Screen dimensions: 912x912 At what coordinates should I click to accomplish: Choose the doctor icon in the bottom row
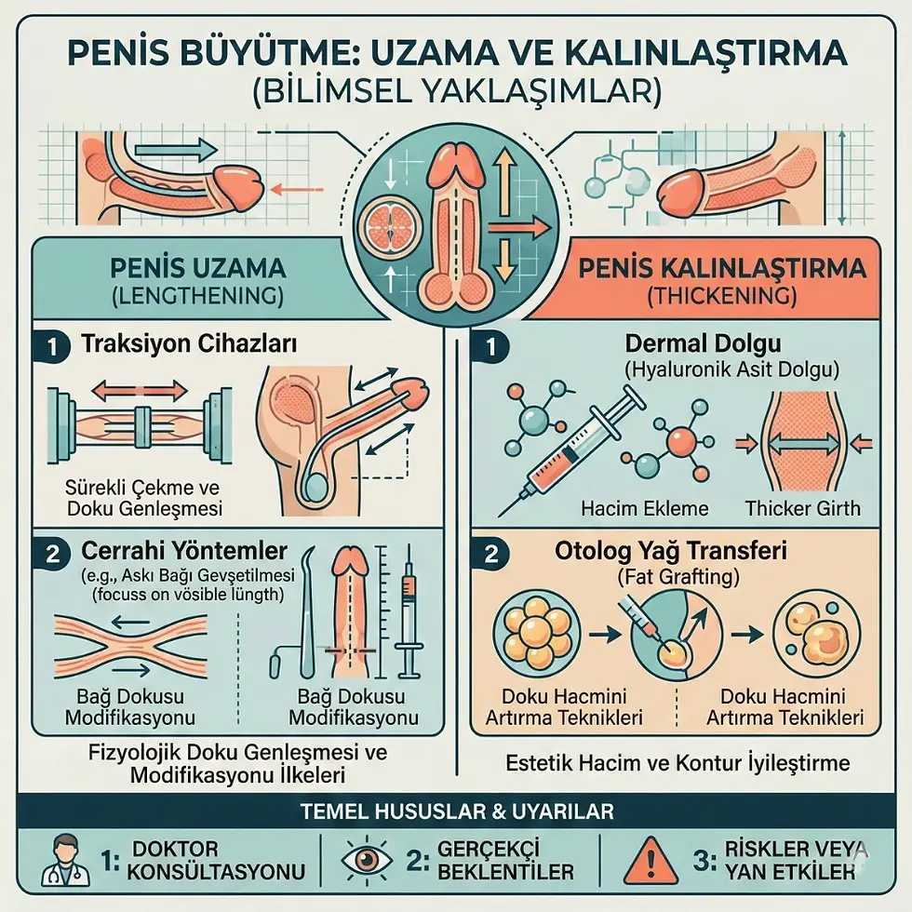(x=66, y=860)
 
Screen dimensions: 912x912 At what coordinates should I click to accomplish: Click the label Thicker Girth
(x=802, y=508)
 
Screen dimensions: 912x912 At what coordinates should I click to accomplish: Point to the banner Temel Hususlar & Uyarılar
(x=457, y=811)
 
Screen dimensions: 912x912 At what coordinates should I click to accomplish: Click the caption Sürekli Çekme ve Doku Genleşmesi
(x=130, y=498)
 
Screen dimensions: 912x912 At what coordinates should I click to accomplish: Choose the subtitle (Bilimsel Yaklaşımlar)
(x=456, y=91)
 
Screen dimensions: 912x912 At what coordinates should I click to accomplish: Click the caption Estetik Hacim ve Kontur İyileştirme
(x=677, y=763)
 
